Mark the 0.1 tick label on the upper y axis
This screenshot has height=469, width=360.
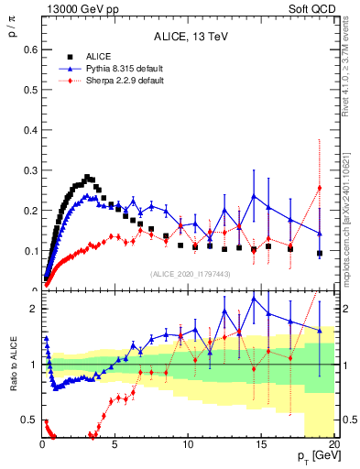(27, 250)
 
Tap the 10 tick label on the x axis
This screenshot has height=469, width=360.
(187, 444)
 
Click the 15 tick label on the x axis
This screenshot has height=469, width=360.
(260, 444)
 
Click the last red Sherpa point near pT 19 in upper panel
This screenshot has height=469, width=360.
(320, 188)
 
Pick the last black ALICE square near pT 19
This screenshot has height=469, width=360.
(320, 253)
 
